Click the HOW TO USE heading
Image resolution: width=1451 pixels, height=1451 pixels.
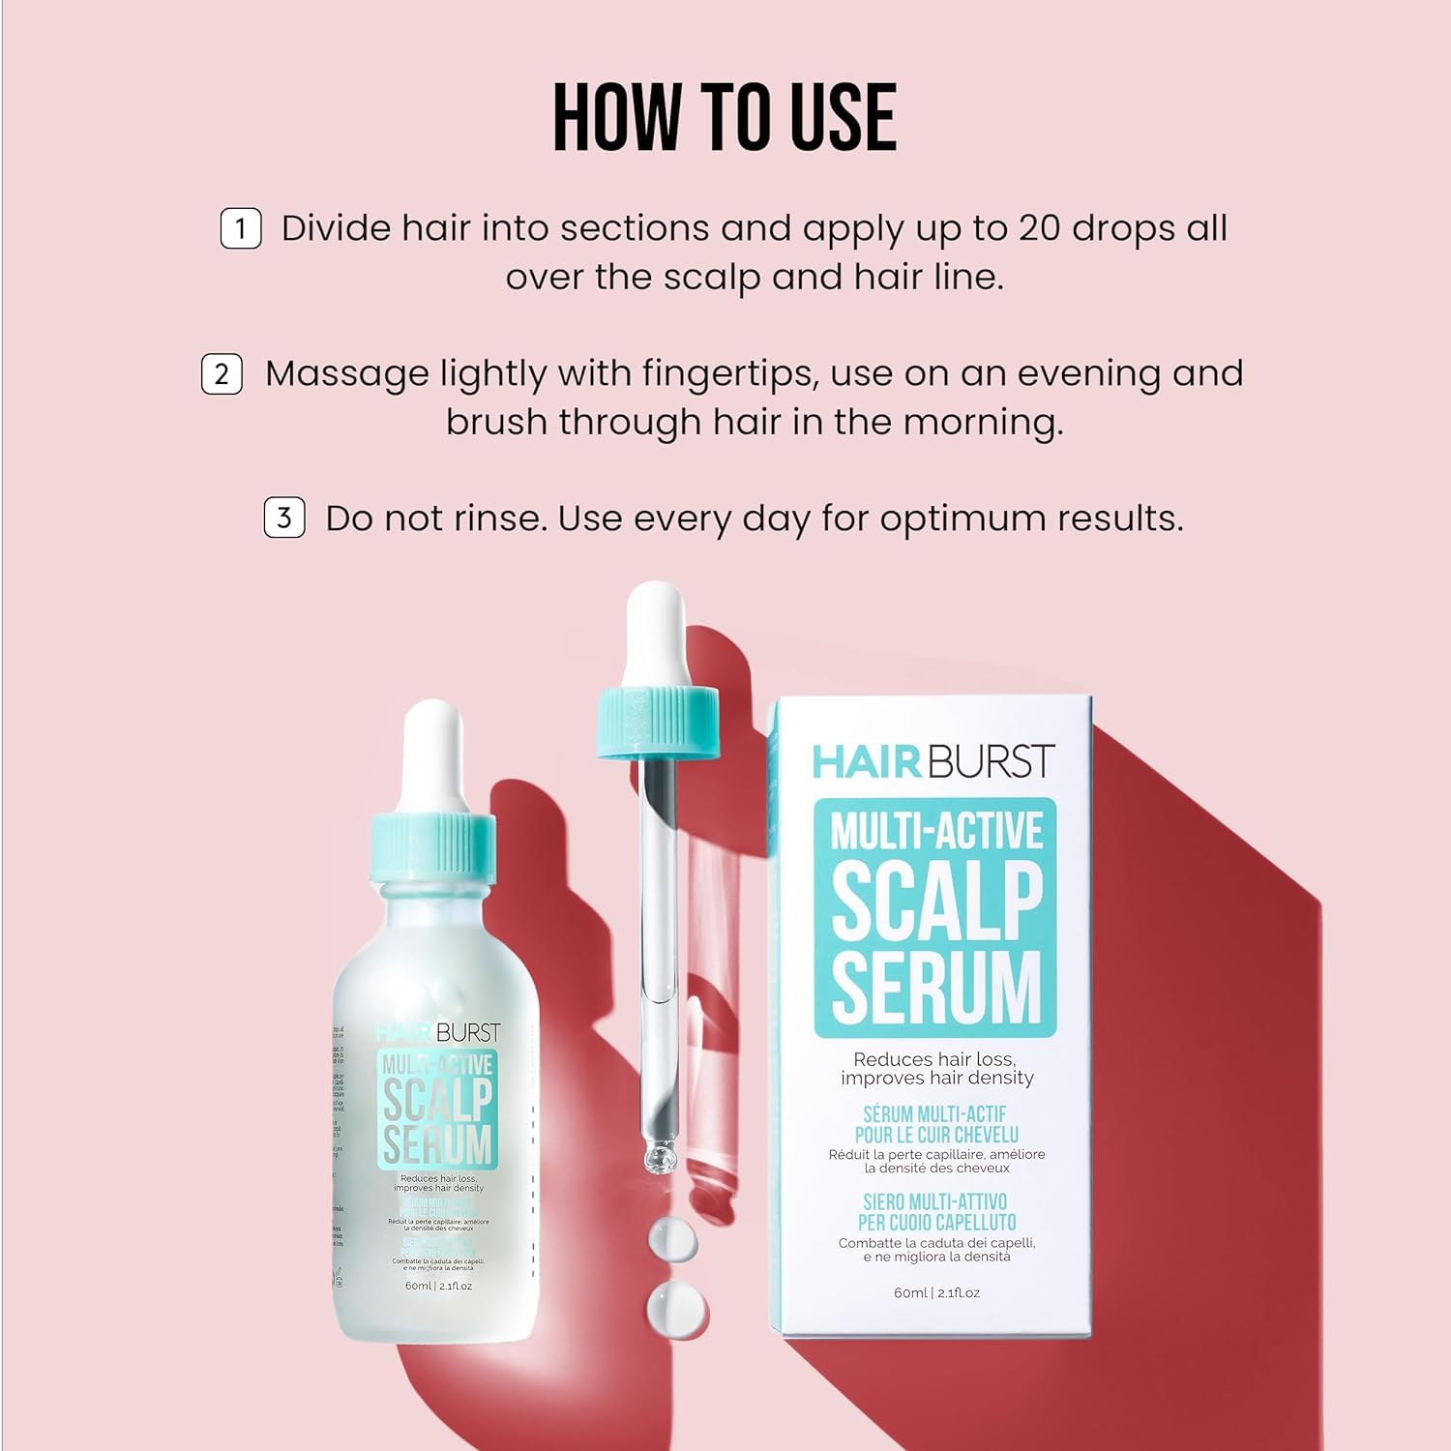tap(725, 117)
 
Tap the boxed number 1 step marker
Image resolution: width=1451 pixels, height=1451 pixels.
tap(241, 229)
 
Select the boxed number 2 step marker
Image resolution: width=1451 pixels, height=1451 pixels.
tap(222, 374)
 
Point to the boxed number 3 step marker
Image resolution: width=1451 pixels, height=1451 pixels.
tap(284, 518)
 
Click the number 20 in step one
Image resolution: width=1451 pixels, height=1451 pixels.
tap(1040, 229)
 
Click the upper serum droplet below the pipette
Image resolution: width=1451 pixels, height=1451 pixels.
tap(671, 1238)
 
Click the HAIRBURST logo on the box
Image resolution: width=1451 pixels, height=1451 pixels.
tap(933, 761)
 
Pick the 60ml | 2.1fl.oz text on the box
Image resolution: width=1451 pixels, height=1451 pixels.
tap(936, 1292)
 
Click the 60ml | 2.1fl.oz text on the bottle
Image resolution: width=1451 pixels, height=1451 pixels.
tap(438, 1286)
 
